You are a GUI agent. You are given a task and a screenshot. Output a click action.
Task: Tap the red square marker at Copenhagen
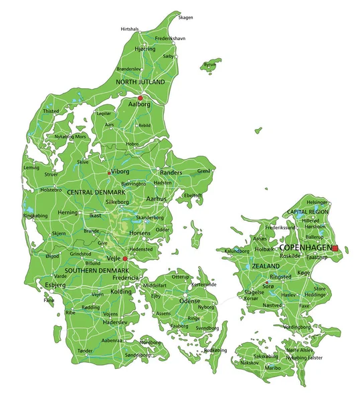point(336,248)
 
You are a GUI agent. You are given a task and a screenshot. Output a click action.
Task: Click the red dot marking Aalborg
point(141,98)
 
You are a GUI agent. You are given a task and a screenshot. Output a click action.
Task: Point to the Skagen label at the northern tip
point(185,18)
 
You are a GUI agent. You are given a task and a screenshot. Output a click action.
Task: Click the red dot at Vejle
point(125,258)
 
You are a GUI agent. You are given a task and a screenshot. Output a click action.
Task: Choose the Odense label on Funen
point(189,301)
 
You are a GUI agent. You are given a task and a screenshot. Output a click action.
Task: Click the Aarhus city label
point(157,199)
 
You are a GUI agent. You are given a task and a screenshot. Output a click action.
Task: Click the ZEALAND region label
point(265,265)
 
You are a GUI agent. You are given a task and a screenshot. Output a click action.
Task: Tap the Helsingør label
point(317,202)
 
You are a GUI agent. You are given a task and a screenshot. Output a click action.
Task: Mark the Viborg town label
point(120,172)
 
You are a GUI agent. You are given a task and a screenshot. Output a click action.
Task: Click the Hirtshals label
point(130,29)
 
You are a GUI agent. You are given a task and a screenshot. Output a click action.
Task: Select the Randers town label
point(171,172)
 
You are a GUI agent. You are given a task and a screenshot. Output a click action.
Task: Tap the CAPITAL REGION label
point(308,212)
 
